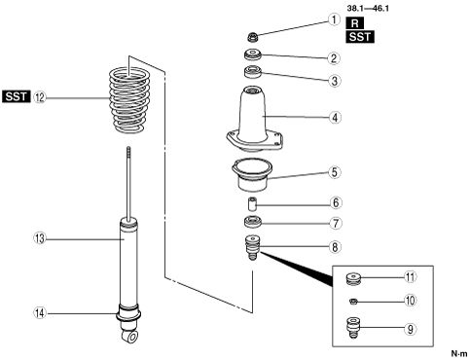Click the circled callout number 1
334,19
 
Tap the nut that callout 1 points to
253,37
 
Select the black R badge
355,23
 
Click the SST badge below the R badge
360,37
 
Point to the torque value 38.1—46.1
368,8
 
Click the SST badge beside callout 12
17,96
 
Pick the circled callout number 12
40,97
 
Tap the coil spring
129,99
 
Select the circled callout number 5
335,172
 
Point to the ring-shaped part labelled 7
253,222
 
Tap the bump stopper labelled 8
253,247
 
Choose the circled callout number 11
411,277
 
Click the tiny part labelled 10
353,302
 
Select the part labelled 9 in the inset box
353,328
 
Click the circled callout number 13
40,239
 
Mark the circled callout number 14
40,313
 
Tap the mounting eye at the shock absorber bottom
131,336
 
